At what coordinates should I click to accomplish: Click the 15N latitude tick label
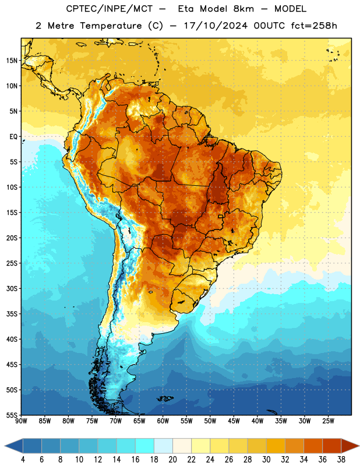coord(12,61)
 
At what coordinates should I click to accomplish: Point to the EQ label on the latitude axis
coord(13,137)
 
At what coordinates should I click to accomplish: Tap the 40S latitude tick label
coord(12,339)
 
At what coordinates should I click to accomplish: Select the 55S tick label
coord(12,415)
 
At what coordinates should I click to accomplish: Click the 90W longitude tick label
coord(21,421)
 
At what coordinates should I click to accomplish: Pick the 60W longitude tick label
coord(163,421)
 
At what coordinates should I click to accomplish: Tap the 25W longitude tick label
coord(328,421)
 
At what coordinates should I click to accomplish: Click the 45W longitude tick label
coord(234,421)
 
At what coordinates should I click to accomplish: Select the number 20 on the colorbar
coord(172,460)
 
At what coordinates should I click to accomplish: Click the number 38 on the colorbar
coord(341,460)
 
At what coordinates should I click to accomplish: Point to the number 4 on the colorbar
coord(23,460)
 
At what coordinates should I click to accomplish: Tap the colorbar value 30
coord(266,460)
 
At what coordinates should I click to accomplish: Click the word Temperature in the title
coord(111,26)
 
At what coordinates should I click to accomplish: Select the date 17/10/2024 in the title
coord(216,26)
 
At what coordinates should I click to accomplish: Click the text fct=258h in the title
coord(314,26)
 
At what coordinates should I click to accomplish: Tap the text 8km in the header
coord(243,9)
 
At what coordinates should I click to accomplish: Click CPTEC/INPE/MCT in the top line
coord(109,9)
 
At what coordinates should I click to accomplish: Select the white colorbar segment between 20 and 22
coord(182,446)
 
